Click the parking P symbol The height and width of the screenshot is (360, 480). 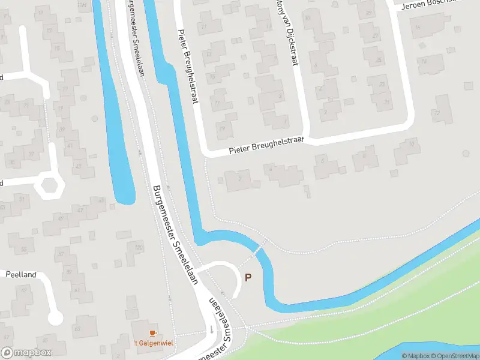tap(247, 277)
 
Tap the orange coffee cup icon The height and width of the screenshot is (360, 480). tap(152, 333)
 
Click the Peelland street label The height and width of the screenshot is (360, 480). tap(21, 275)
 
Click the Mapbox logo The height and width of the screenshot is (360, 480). tap(26, 353)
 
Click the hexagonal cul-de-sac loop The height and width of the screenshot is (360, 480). tap(49, 186)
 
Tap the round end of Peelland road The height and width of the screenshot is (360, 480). tap(55, 317)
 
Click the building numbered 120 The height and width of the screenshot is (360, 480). tap(137, 248)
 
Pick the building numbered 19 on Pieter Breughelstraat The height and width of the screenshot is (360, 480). tap(224, 127)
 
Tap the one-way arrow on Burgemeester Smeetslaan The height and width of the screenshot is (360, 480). tap(211, 329)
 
